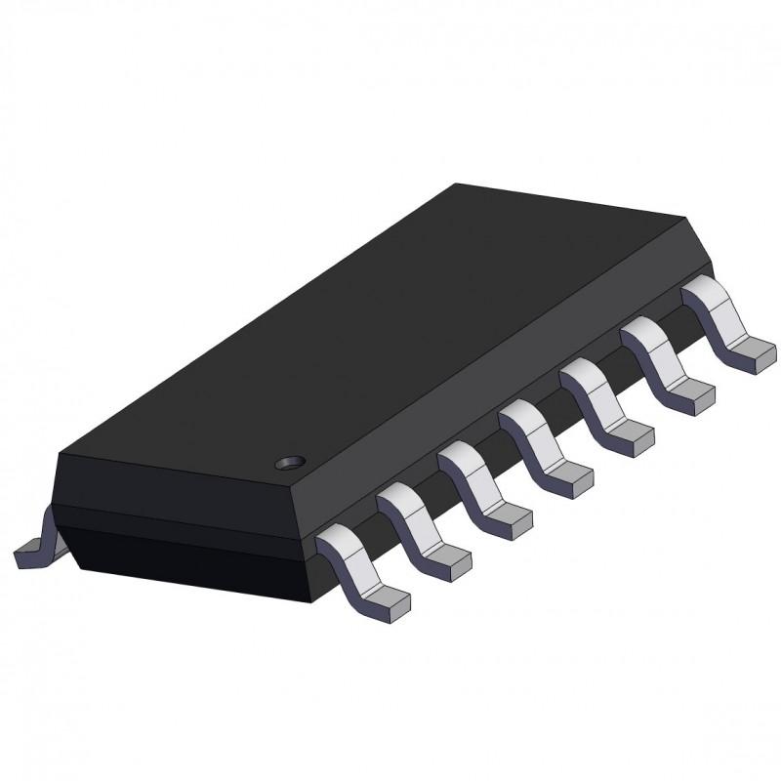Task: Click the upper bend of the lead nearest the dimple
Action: tap(335, 539)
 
